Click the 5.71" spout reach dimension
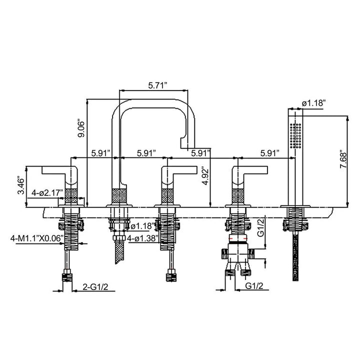(x=157, y=85)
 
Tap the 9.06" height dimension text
(x=81, y=128)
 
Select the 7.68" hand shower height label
(x=344, y=159)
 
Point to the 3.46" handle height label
(x=21, y=185)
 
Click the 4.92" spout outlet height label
(x=206, y=177)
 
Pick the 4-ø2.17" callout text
(x=47, y=192)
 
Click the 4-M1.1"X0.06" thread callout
(x=37, y=238)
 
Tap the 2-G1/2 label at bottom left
(x=95, y=287)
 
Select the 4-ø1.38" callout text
(x=143, y=238)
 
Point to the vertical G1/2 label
(x=261, y=227)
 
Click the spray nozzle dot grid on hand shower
(x=295, y=135)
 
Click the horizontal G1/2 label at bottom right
(x=254, y=286)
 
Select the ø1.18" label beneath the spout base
(x=142, y=226)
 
